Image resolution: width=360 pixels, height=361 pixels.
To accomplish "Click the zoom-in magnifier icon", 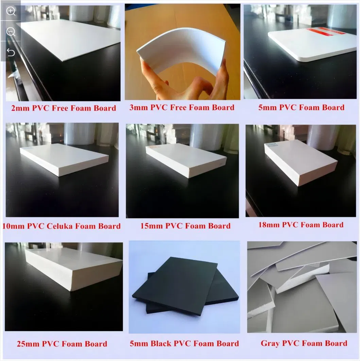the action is pos(11,11).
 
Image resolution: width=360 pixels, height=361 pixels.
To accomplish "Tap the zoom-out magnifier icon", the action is pos(11,32).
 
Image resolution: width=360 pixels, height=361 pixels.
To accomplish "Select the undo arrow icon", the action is pos(11,52).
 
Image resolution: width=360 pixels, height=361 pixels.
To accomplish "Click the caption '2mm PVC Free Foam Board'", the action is pos(64,108).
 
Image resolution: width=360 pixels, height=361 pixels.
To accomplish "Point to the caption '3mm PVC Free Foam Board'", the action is pos(182,107).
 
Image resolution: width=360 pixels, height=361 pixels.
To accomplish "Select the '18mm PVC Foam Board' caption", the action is pos(301,225).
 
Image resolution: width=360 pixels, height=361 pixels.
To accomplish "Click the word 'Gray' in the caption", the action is pos(270,343).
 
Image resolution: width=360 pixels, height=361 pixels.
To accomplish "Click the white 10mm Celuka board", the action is pos(64,158).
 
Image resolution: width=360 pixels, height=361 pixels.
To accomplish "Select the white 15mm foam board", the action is pos(186,159).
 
